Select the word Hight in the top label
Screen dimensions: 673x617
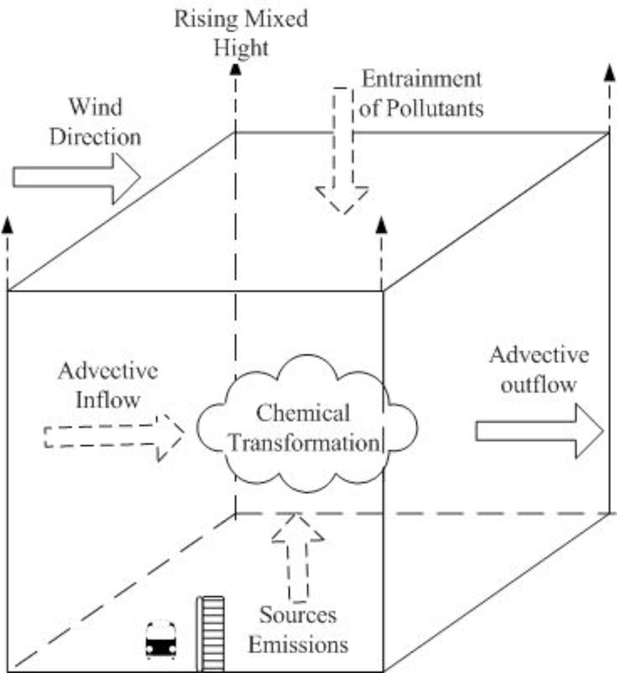[241, 48]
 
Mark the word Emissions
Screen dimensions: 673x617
[299, 644]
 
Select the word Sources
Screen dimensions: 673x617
[299, 615]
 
